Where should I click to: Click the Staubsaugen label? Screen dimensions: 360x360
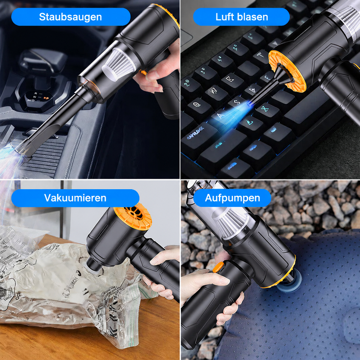(71, 17)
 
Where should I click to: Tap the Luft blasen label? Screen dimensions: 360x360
(241, 17)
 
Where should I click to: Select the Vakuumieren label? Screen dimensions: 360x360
(75, 198)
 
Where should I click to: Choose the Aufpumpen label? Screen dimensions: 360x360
(232, 198)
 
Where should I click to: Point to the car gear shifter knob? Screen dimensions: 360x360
(43, 61)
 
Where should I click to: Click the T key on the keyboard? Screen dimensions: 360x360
(261, 55)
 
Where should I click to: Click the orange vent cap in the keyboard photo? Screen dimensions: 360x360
(287, 71)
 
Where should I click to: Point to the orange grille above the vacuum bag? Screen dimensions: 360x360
(132, 216)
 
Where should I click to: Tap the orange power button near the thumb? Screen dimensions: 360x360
(218, 267)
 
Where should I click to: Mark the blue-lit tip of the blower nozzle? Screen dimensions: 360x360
(249, 105)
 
